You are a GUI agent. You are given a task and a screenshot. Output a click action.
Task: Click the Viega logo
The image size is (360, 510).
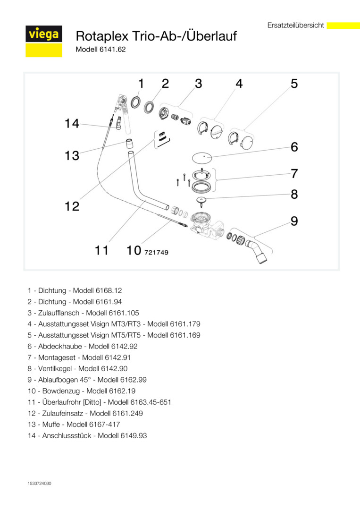[43, 35]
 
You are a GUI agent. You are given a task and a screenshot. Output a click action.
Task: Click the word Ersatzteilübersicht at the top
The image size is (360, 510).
[295, 25]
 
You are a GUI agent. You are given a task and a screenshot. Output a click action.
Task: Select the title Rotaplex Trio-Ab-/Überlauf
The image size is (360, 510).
[156, 36]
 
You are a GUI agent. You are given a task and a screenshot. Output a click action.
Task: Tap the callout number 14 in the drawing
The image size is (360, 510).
[72, 124]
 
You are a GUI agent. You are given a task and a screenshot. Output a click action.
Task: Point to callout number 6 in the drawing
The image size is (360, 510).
[294, 147]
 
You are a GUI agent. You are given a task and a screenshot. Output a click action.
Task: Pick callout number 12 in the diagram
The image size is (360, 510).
[72, 206]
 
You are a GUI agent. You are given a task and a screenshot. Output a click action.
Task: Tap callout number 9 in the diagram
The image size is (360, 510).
[294, 221]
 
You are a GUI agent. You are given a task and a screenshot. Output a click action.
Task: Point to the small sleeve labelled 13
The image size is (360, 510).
[129, 142]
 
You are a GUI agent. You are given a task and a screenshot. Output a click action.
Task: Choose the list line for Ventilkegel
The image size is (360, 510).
[77, 368]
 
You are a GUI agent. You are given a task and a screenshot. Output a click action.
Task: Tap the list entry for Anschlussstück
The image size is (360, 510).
[87, 435]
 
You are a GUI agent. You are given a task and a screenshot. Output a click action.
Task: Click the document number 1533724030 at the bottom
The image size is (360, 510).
[39, 484]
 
